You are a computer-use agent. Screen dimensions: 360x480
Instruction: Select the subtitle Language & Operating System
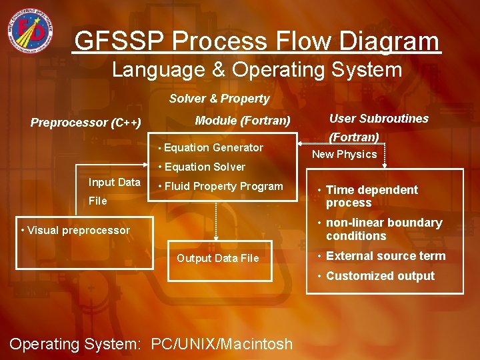click(x=257, y=69)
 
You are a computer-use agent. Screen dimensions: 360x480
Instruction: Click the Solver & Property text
click(x=219, y=99)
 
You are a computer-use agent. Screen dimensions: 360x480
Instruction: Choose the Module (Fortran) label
click(x=242, y=121)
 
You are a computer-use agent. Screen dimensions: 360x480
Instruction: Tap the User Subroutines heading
click(x=379, y=119)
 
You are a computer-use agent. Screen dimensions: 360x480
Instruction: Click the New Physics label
click(x=344, y=155)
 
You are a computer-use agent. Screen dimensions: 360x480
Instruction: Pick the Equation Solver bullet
click(x=204, y=167)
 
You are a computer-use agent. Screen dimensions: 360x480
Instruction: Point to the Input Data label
click(x=114, y=183)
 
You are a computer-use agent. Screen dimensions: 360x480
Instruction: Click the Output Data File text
click(x=217, y=258)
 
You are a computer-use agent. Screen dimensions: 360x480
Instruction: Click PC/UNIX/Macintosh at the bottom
click(x=221, y=344)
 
